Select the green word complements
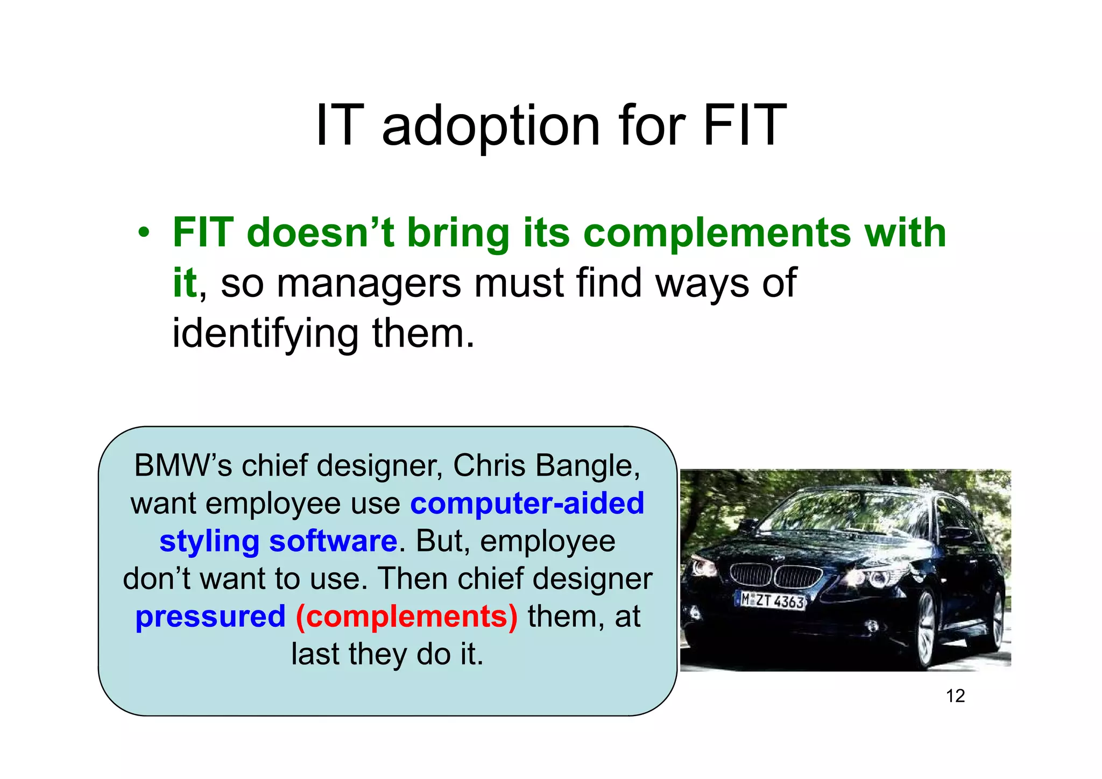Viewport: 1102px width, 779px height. tap(717, 233)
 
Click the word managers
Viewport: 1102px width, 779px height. tap(368, 284)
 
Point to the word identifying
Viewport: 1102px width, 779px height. tap(265, 334)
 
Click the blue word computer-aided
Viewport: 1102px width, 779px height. tap(527, 504)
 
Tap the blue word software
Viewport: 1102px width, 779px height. tap(333, 541)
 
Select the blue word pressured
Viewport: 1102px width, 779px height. tap(210, 617)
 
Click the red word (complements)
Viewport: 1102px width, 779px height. tap(407, 617)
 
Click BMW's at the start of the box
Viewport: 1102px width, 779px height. tap(183, 465)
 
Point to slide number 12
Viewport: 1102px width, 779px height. tap(955, 696)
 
